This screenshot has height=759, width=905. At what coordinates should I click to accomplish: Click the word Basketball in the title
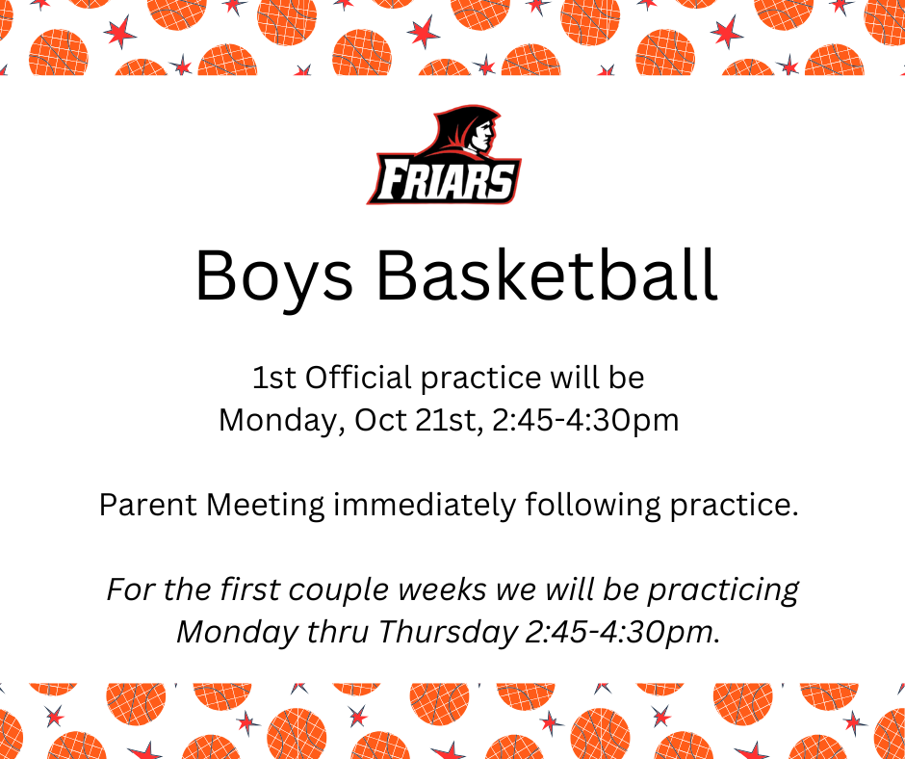click(x=547, y=275)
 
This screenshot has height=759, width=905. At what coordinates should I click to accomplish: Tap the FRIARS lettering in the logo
click(x=445, y=180)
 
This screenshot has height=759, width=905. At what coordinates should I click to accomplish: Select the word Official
click(x=358, y=378)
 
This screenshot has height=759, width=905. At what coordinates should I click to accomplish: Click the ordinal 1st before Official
click(x=274, y=378)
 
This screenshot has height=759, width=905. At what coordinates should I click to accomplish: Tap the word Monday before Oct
click(x=282, y=421)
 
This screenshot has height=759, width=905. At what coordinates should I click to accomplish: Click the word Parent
click(x=148, y=505)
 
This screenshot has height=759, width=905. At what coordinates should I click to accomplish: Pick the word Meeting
click(x=266, y=506)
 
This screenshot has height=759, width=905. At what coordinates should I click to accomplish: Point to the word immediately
click(x=425, y=506)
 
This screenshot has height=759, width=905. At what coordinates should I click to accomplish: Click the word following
click(x=593, y=506)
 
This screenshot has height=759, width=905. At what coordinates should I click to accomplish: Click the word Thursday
click(x=448, y=633)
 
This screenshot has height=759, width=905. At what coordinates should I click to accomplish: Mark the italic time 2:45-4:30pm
click(x=623, y=633)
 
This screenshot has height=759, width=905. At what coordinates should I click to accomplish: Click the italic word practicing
click(x=723, y=590)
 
